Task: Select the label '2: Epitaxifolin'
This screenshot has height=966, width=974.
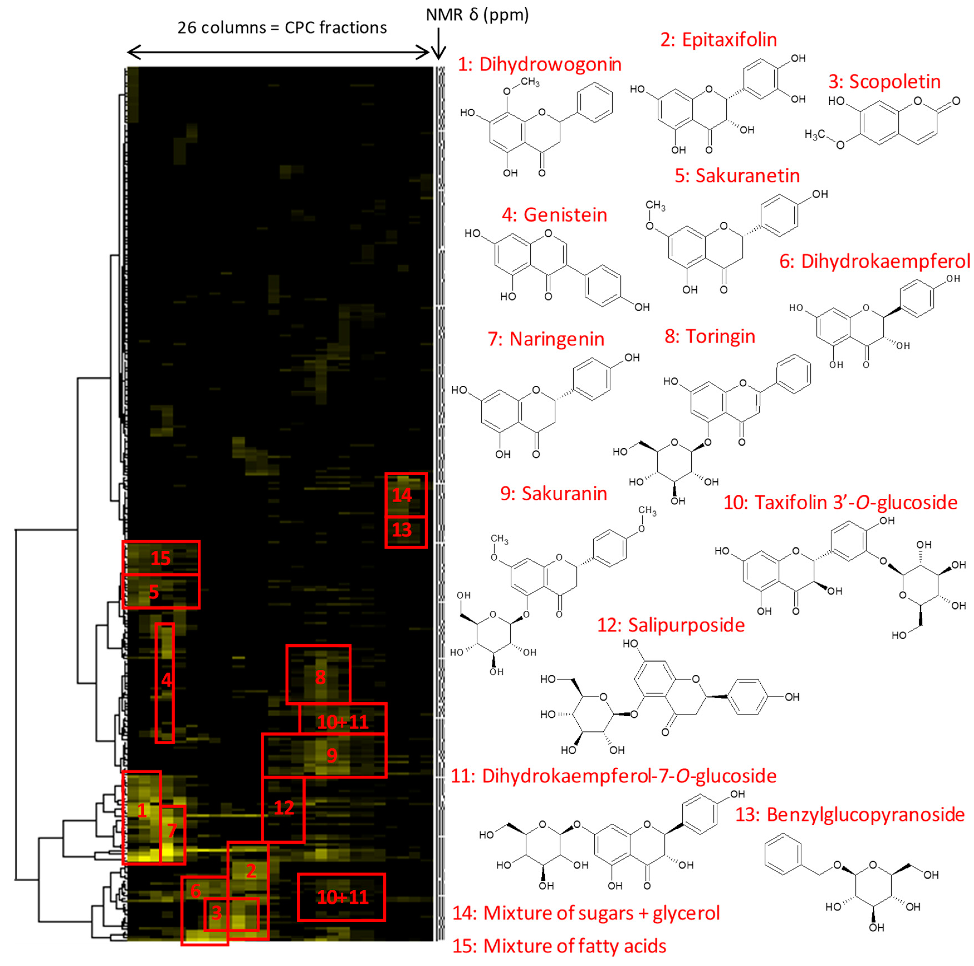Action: click(718, 40)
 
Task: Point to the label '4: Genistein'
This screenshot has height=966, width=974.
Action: click(555, 215)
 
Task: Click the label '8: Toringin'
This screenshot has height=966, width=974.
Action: click(710, 336)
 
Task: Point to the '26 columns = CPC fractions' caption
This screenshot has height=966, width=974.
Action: click(282, 28)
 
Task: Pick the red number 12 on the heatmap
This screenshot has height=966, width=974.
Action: click(284, 808)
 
